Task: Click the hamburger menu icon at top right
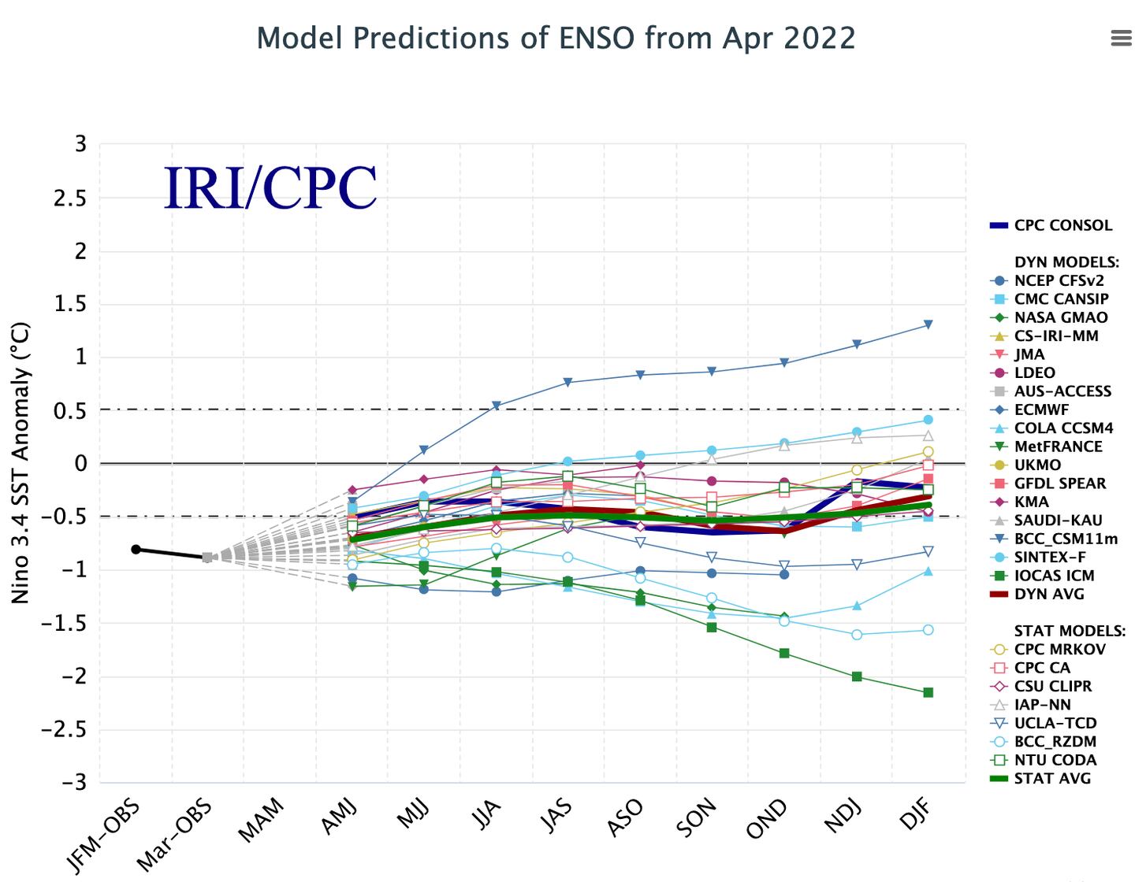click(1121, 38)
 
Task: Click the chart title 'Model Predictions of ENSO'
click(556, 38)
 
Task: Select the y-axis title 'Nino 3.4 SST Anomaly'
click(20, 463)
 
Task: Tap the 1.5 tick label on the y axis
click(69, 305)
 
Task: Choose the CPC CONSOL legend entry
click(1062, 225)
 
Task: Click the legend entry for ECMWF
click(1041, 409)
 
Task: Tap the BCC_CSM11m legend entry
click(1066, 539)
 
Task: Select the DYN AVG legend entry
click(1049, 594)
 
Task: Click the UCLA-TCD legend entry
click(1055, 723)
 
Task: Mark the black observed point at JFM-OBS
click(136, 549)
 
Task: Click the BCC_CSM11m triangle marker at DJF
click(928, 324)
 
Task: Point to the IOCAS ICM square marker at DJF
click(928, 692)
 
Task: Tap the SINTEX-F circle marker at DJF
click(928, 420)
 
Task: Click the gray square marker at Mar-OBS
click(207, 557)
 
